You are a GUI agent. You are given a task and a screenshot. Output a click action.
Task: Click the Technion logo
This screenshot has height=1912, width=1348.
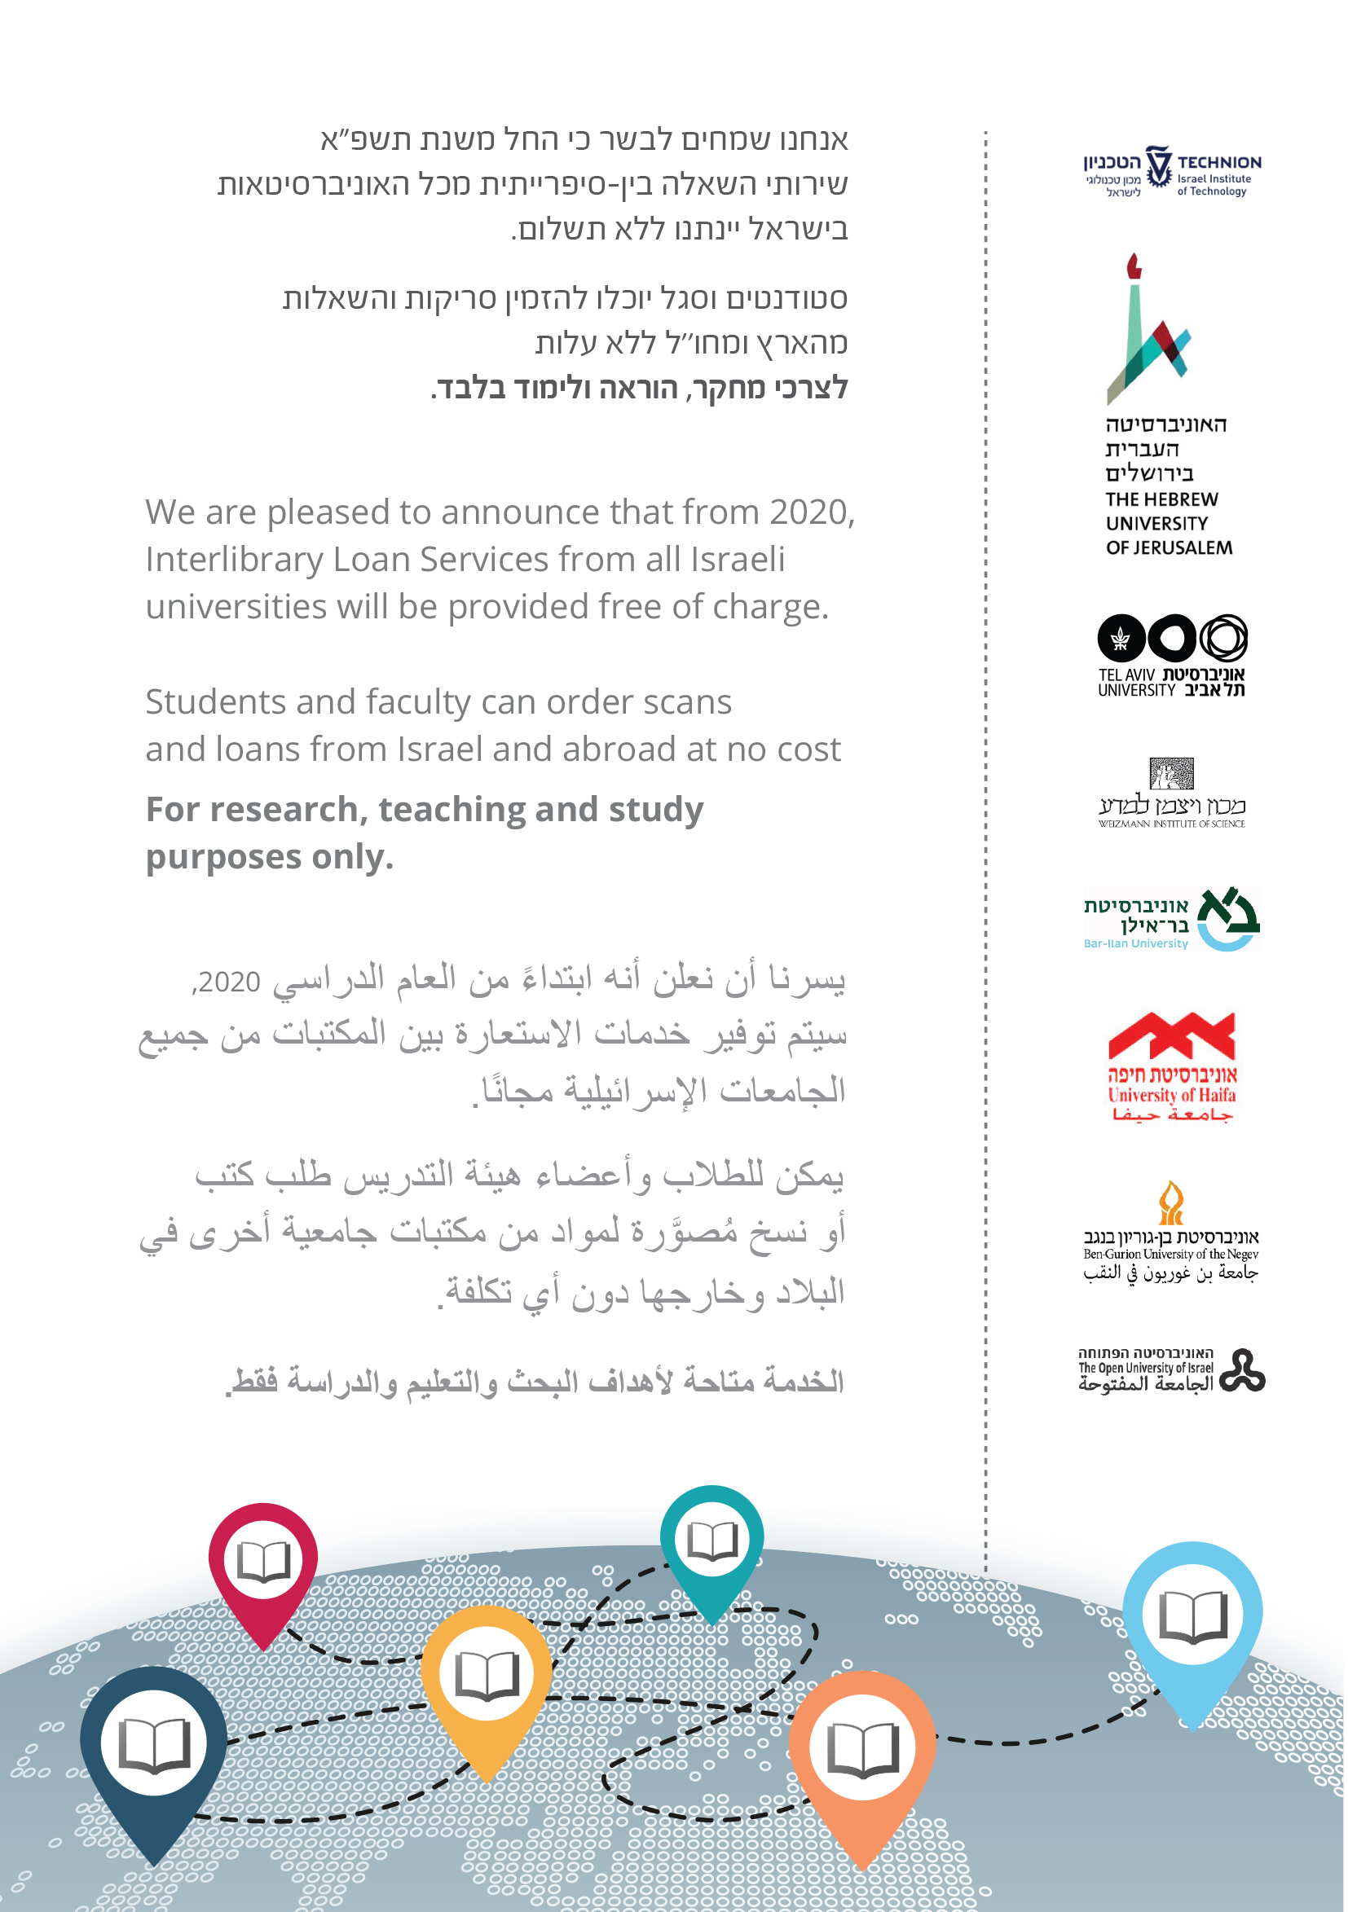click(x=1171, y=172)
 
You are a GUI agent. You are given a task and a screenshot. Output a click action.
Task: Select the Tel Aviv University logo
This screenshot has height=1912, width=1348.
click(x=1171, y=655)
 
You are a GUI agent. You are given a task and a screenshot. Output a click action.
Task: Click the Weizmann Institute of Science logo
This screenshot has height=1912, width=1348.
click(x=1171, y=793)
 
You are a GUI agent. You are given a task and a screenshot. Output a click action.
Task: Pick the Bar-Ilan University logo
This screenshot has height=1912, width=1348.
click(x=1171, y=920)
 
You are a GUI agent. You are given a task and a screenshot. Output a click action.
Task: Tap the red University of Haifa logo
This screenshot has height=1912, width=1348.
click(x=1171, y=1066)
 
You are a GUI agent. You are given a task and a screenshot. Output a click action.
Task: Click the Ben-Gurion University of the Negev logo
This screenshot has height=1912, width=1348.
click(x=1170, y=1232)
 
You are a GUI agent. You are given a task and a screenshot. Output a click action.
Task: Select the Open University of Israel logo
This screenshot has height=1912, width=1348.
click(x=1171, y=1370)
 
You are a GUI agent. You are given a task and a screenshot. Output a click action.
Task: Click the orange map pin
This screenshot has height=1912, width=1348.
click(x=862, y=1749)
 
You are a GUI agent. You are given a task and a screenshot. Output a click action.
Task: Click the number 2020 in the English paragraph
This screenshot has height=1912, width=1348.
click(x=809, y=512)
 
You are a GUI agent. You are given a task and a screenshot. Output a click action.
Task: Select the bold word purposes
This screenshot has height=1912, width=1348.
click(x=222, y=857)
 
